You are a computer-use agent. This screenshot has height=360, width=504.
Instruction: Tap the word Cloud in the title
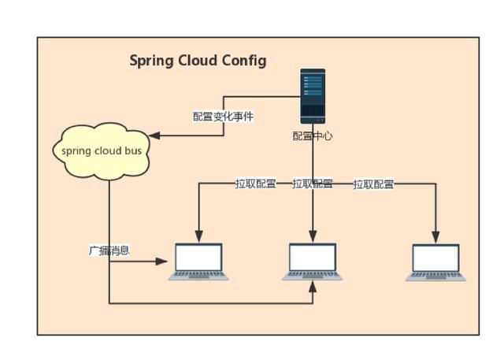tap(198, 61)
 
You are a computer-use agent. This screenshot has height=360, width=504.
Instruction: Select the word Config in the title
tap(244, 61)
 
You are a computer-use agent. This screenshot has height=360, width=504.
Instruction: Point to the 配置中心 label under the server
tap(313, 136)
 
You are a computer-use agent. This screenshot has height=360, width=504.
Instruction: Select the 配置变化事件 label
tap(224, 117)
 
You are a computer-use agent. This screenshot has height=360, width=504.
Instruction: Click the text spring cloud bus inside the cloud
tap(102, 150)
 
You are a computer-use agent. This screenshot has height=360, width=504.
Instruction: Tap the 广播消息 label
tap(109, 251)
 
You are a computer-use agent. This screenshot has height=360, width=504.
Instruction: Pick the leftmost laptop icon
tap(198, 262)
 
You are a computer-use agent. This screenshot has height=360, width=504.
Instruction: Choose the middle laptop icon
tap(313, 262)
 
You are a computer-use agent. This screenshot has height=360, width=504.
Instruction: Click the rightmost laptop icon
tap(436, 262)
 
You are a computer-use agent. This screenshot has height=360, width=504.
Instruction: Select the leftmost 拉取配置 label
tap(255, 184)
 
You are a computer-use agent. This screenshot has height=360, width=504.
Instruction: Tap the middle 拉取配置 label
tap(313, 184)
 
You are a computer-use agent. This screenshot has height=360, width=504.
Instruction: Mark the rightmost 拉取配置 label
tap(373, 184)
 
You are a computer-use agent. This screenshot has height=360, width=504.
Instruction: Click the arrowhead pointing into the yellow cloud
tap(155, 136)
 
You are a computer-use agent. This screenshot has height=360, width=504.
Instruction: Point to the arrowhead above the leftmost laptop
tap(198, 236)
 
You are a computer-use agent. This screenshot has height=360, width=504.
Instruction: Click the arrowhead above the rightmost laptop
tap(436, 236)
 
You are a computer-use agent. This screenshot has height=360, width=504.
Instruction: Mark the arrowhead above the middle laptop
tap(313, 236)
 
